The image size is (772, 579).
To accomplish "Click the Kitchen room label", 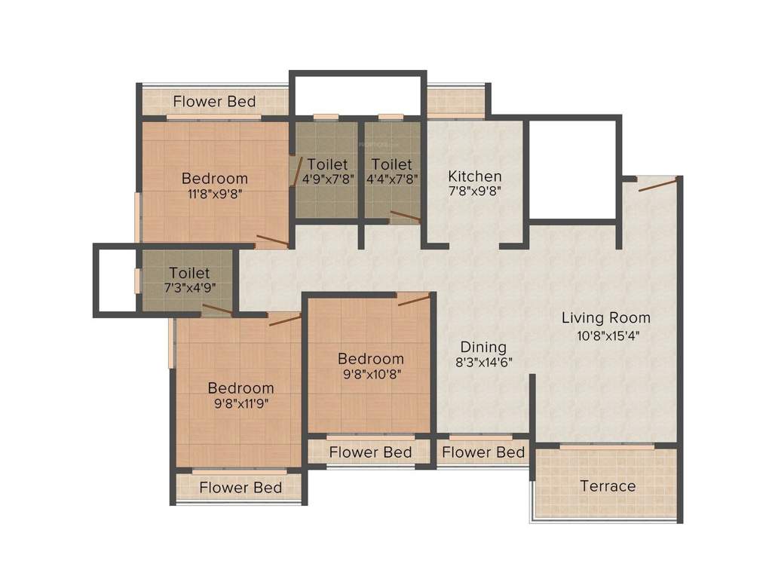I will click(474, 176).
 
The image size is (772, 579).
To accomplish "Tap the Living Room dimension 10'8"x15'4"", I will click(605, 335).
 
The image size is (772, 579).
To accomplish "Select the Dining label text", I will click(483, 347).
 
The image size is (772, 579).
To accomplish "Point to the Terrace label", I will click(608, 486).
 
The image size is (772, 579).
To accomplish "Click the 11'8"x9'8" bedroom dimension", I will click(214, 193).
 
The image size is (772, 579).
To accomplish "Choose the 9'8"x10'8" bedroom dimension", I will click(370, 373).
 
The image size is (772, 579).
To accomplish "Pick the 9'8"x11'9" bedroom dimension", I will click(240, 403).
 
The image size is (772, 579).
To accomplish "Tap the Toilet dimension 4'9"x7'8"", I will click(328, 179).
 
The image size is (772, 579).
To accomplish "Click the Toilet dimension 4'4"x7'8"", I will click(391, 179).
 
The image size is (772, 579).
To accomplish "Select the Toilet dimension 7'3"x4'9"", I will click(189, 287).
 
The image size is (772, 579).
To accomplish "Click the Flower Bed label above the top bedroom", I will click(214, 101).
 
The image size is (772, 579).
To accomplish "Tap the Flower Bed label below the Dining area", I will click(483, 452).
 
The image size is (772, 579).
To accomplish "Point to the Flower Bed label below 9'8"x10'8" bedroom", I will click(370, 452).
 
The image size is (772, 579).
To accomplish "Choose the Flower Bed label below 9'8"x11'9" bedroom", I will click(240, 488).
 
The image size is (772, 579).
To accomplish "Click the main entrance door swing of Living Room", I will click(657, 184).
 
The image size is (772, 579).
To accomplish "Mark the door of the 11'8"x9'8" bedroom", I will click(271, 241).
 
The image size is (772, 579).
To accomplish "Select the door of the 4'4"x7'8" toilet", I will click(405, 217).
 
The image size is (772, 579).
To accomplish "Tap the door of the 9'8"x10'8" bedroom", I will click(413, 299).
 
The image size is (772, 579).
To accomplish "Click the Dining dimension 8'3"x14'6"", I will click(483, 362).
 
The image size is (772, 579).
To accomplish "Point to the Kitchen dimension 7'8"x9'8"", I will click(474, 191).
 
